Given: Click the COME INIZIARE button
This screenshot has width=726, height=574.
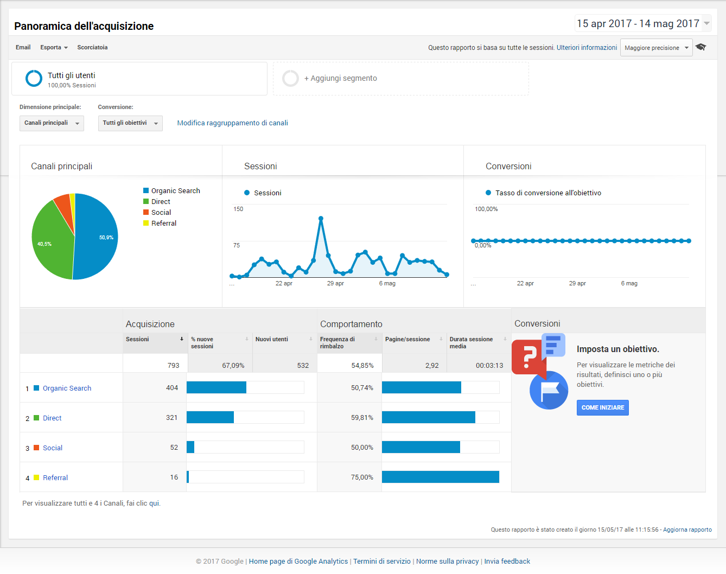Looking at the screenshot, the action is [x=602, y=407].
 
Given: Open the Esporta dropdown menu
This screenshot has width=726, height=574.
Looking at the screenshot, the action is [x=54, y=47].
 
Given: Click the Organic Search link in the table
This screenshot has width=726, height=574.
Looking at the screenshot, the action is [x=67, y=388].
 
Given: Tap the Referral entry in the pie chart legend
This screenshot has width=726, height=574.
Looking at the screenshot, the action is [x=164, y=223].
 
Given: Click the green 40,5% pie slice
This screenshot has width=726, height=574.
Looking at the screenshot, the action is [x=50, y=243].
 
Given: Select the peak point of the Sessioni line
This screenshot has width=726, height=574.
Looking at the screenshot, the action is [x=321, y=218].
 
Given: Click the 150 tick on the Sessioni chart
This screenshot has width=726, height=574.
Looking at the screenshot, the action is [x=238, y=209].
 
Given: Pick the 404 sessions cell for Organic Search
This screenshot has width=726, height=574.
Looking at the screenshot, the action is [x=172, y=388].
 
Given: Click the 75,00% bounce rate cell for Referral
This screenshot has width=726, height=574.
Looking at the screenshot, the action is [x=362, y=477].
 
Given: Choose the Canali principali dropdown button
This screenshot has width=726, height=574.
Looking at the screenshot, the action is [x=52, y=123].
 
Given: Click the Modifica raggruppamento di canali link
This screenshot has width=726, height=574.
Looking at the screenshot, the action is [x=232, y=123].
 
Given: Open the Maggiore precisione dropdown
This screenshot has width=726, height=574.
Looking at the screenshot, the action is [x=656, y=48].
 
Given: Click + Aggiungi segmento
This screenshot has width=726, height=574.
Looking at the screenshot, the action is [x=340, y=78].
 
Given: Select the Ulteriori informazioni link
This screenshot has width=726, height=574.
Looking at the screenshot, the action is [x=587, y=48].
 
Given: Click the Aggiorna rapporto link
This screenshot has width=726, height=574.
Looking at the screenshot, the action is [x=687, y=530].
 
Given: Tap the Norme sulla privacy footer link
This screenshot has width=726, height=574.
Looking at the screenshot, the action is [x=447, y=561].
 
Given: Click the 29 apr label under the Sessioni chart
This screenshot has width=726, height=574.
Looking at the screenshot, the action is [x=335, y=283].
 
